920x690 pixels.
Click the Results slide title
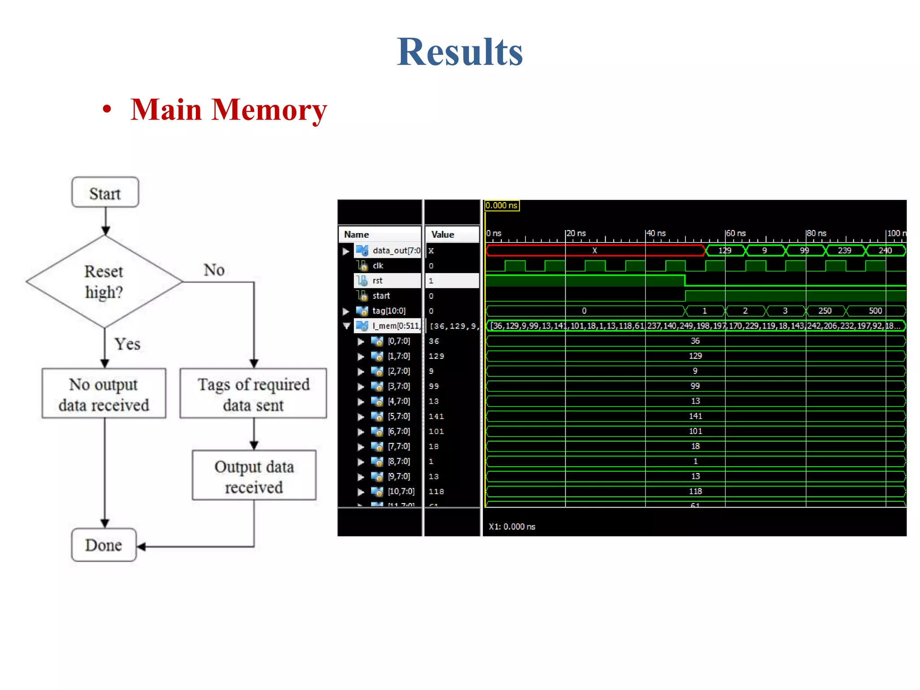point(460,52)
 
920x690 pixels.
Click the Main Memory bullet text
point(228,110)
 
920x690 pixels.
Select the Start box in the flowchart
point(105,193)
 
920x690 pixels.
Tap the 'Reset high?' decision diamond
point(104,282)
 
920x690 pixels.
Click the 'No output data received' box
point(104,394)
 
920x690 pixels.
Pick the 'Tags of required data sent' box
point(253,394)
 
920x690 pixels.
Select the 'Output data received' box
point(254,476)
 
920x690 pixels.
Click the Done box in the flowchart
point(104,545)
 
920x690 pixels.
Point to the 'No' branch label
point(214,270)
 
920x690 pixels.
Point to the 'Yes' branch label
point(127,344)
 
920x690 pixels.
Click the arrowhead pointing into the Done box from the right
point(141,547)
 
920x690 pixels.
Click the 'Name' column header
point(356,234)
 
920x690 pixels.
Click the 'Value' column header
point(442,234)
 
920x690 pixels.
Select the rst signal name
point(377,281)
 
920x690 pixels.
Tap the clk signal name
point(378,265)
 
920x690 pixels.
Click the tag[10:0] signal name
point(389,311)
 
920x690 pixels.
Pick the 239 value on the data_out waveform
point(844,251)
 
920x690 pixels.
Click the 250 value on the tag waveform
point(825,311)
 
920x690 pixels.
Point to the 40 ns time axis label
point(656,233)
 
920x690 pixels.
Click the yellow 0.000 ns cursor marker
point(502,206)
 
